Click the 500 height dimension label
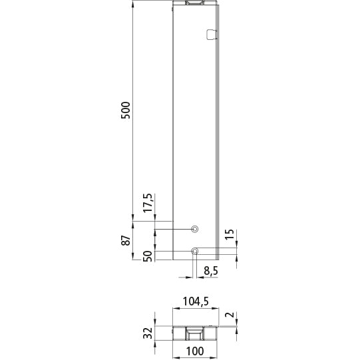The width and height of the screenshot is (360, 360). tap(126, 110)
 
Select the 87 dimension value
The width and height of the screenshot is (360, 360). tap(126, 240)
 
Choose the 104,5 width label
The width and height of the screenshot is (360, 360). tap(196, 301)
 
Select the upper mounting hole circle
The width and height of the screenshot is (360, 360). tap(194, 229)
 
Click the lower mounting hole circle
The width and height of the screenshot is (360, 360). tap(194, 251)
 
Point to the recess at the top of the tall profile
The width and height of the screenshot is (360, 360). tap(195, 3)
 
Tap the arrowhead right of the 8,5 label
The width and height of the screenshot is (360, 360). tap(199, 276)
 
